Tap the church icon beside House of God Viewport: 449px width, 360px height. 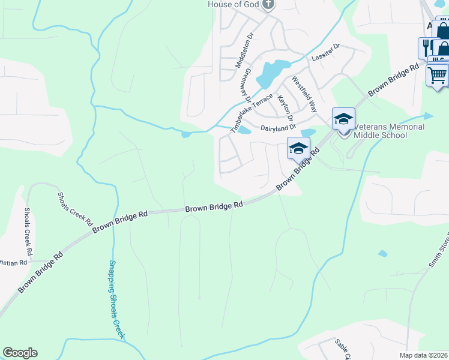click(x=268, y=5)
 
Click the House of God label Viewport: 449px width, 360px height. click(x=234, y=5)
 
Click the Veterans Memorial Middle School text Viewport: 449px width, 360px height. click(x=389, y=131)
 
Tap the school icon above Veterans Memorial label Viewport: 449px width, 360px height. click(x=343, y=119)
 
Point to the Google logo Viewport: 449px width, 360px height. click(x=20, y=353)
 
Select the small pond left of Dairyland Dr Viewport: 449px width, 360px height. click(x=244, y=130)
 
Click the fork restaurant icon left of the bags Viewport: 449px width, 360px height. click(x=427, y=47)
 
